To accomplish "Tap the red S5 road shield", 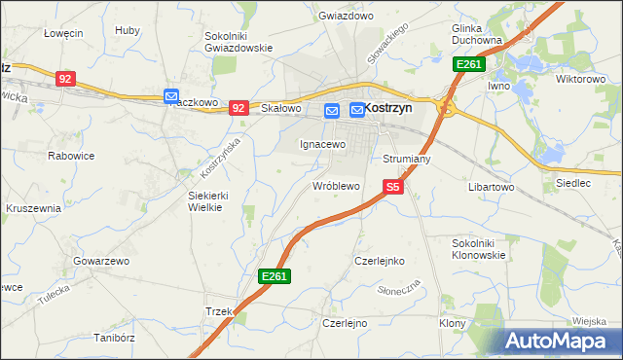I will (x=393, y=186).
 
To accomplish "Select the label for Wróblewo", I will (x=336, y=185).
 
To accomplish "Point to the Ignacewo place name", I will (x=322, y=144).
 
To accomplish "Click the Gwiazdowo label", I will (x=346, y=17).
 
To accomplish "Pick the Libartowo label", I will (x=491, y=186).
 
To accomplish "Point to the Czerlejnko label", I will (x=379, y=262).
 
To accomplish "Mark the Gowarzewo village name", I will (x=101, y=262).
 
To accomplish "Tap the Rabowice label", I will (x=71, y=154).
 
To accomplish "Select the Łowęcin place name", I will (x=63, y=32).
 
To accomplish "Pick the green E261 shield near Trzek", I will (x=275, y=278).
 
